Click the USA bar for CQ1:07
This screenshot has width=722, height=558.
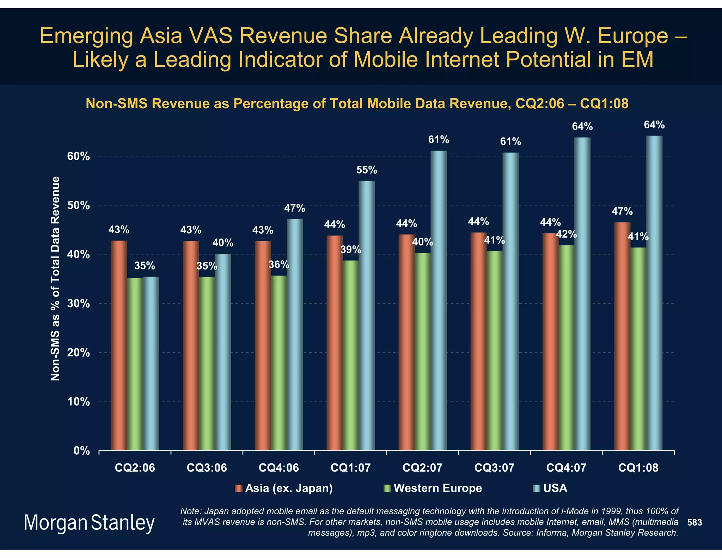pyautogui.click(x=367, y=316)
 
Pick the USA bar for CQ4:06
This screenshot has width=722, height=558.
pyautogui.click(x=295, y=335)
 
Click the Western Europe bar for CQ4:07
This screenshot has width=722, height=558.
pyautogui.click(x=566, y=348)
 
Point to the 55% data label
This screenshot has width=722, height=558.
pyautogui.click(x=367, y=170)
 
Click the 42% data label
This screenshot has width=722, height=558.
pyautogui.click(x=567, y=234)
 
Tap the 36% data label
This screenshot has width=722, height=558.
pyautogui.click(x=279, y=265)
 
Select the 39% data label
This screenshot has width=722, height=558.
pyautogui.click(x=350, y=250)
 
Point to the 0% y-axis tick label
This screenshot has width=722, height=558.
pyautogui.click(x=81, y=451)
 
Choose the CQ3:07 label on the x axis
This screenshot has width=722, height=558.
pyautogui.click(x=494, y=468)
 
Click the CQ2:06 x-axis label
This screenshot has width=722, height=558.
pyautogui.click(x=135, y=468)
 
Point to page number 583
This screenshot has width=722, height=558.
pyautogui.click(x=695, y=522)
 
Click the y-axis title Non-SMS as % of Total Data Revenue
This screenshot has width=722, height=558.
pyautogui.click(x=55, y=279)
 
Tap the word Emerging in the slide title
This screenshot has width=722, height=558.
pyautogui.click(x=86, y=36)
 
